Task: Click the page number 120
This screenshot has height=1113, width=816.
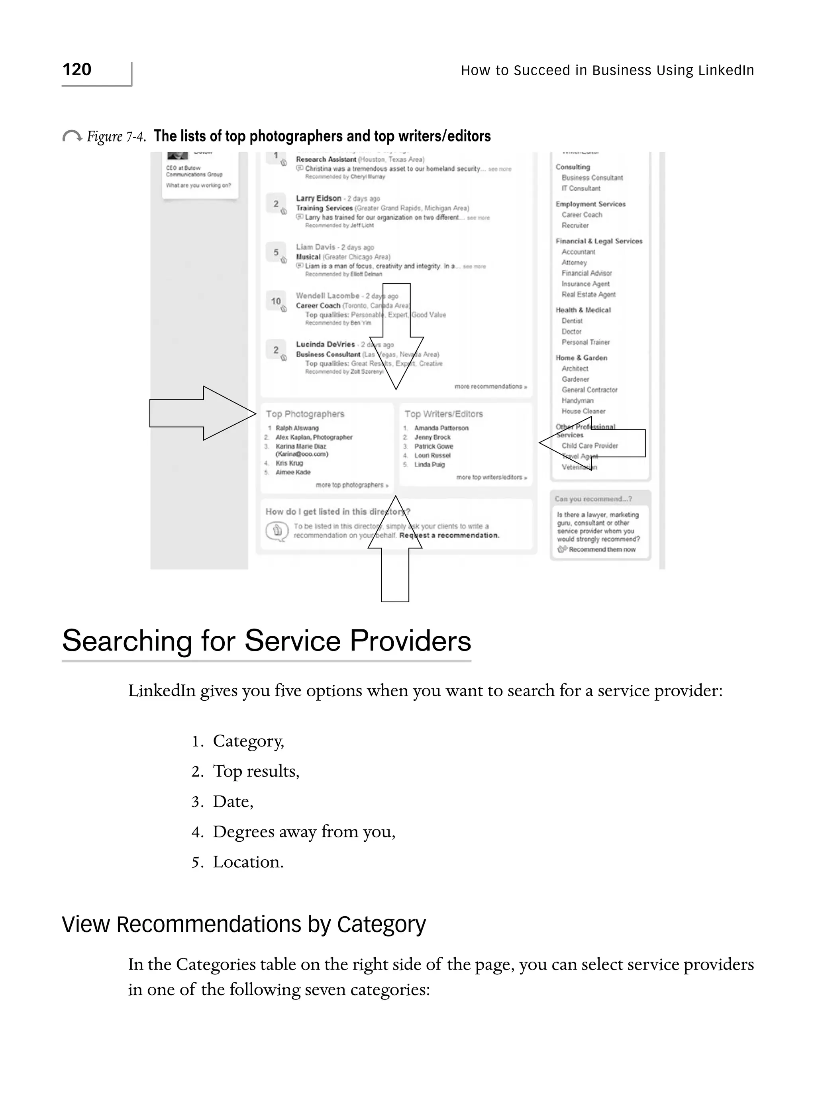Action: coord(77,70)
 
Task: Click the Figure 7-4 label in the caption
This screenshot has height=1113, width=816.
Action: coord(116,136)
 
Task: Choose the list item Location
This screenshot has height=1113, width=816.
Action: coord(248,862)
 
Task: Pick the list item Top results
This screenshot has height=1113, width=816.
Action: coord(256,771)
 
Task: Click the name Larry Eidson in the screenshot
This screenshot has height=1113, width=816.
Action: coord(319,198)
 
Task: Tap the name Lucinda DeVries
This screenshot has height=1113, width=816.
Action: coord(326,344)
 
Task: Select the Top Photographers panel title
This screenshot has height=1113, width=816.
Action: coord(305,414)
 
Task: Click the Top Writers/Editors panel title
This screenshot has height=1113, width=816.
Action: coord(443,414)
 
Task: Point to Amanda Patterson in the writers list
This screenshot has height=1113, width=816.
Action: coord(441,428)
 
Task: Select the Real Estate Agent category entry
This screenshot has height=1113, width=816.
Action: coord(588,294)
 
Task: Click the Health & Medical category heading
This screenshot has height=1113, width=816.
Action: coord(583,310)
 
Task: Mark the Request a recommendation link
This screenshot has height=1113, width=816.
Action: coord(449,535)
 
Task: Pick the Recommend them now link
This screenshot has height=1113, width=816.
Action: coord(602,549)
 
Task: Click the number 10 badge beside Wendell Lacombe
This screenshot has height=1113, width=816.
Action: coord(276,301)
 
